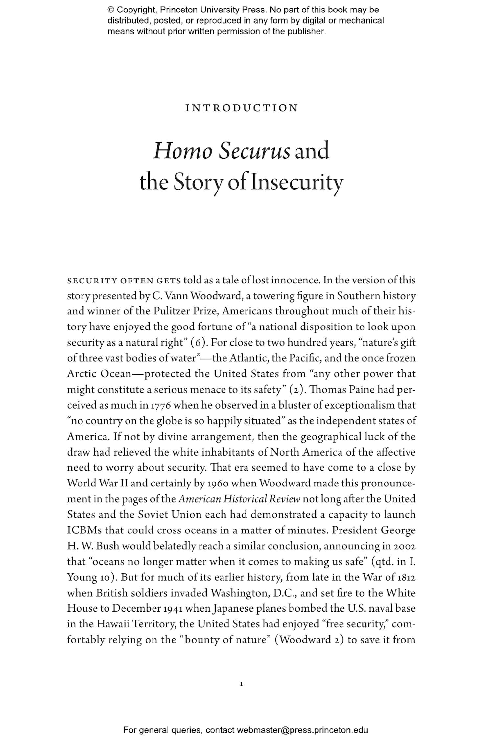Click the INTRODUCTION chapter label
click(242, 108)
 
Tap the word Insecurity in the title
click(297, 183)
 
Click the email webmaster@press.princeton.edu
click(302, 730)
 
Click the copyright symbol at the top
click(110, 10)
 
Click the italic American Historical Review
click(239, 499)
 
